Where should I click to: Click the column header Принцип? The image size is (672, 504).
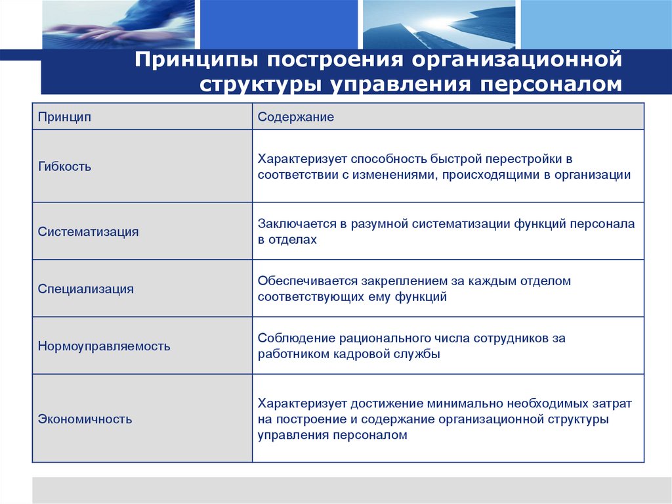point(64,117)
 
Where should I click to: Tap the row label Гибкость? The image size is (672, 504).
point(64,166)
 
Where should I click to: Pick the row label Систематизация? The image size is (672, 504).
point(88,231)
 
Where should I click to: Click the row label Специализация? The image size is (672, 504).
point(85,288)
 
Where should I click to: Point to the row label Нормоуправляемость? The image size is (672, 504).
point(104,346)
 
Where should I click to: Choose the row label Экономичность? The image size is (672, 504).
point(85,419)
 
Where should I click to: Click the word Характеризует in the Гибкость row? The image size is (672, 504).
point(301,159)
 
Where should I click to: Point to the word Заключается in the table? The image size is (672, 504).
point(297,224)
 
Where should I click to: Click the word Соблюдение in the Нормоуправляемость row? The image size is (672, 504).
point(296,338)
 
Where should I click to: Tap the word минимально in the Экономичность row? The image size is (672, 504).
point(459,403)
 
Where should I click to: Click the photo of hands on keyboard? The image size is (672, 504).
point(118,24)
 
